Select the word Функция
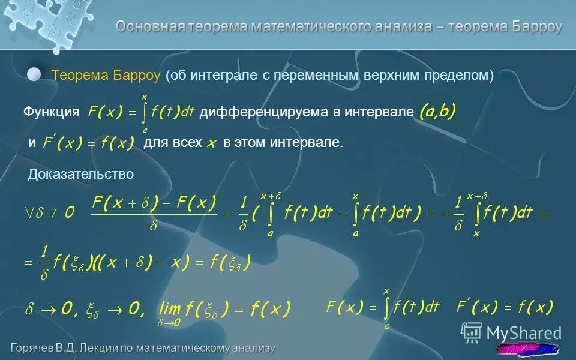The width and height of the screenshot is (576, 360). click(x=51, y=112)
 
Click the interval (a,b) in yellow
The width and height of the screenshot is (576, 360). click(x=437, y=111)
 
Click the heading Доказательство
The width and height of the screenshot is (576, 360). click(x=81, y=174)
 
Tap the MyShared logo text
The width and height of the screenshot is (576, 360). click(x=524, y=333)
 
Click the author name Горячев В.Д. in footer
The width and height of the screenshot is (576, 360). click(x=48, y=347)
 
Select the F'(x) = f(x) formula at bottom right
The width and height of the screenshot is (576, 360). click(x=505, y=308)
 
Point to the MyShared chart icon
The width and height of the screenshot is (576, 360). click(x=472, y=332)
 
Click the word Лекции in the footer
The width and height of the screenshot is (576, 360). click(x=111, y=347)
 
